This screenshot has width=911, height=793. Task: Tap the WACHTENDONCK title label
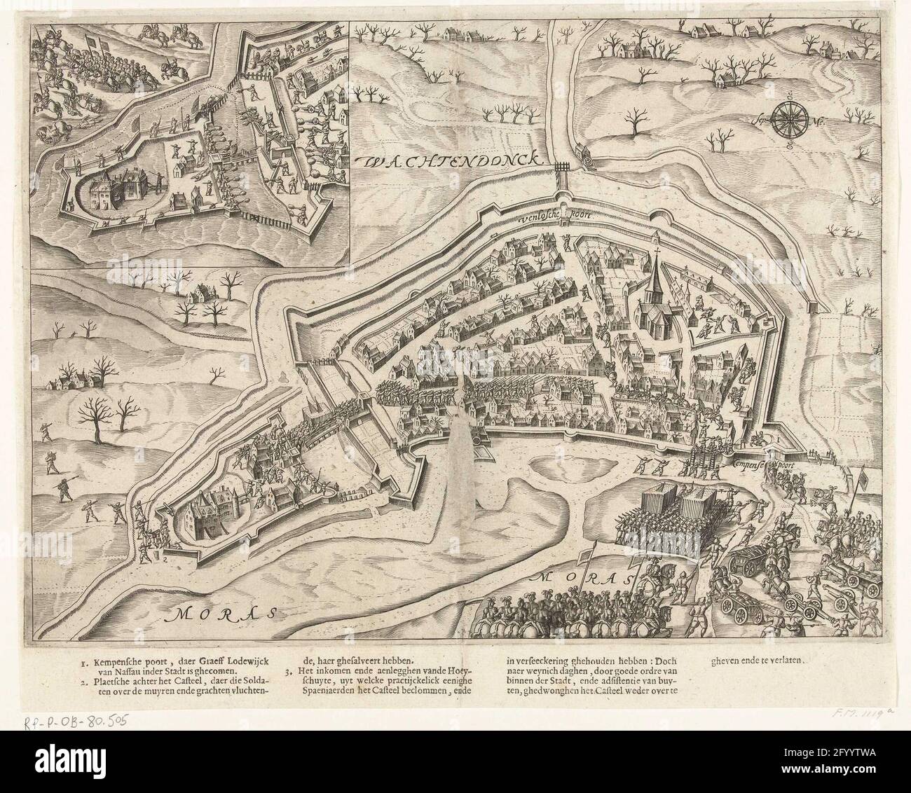pyautogui.click(x=453, y=161)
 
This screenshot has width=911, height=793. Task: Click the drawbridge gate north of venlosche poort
pyautogui.click(x=561, y=167)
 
